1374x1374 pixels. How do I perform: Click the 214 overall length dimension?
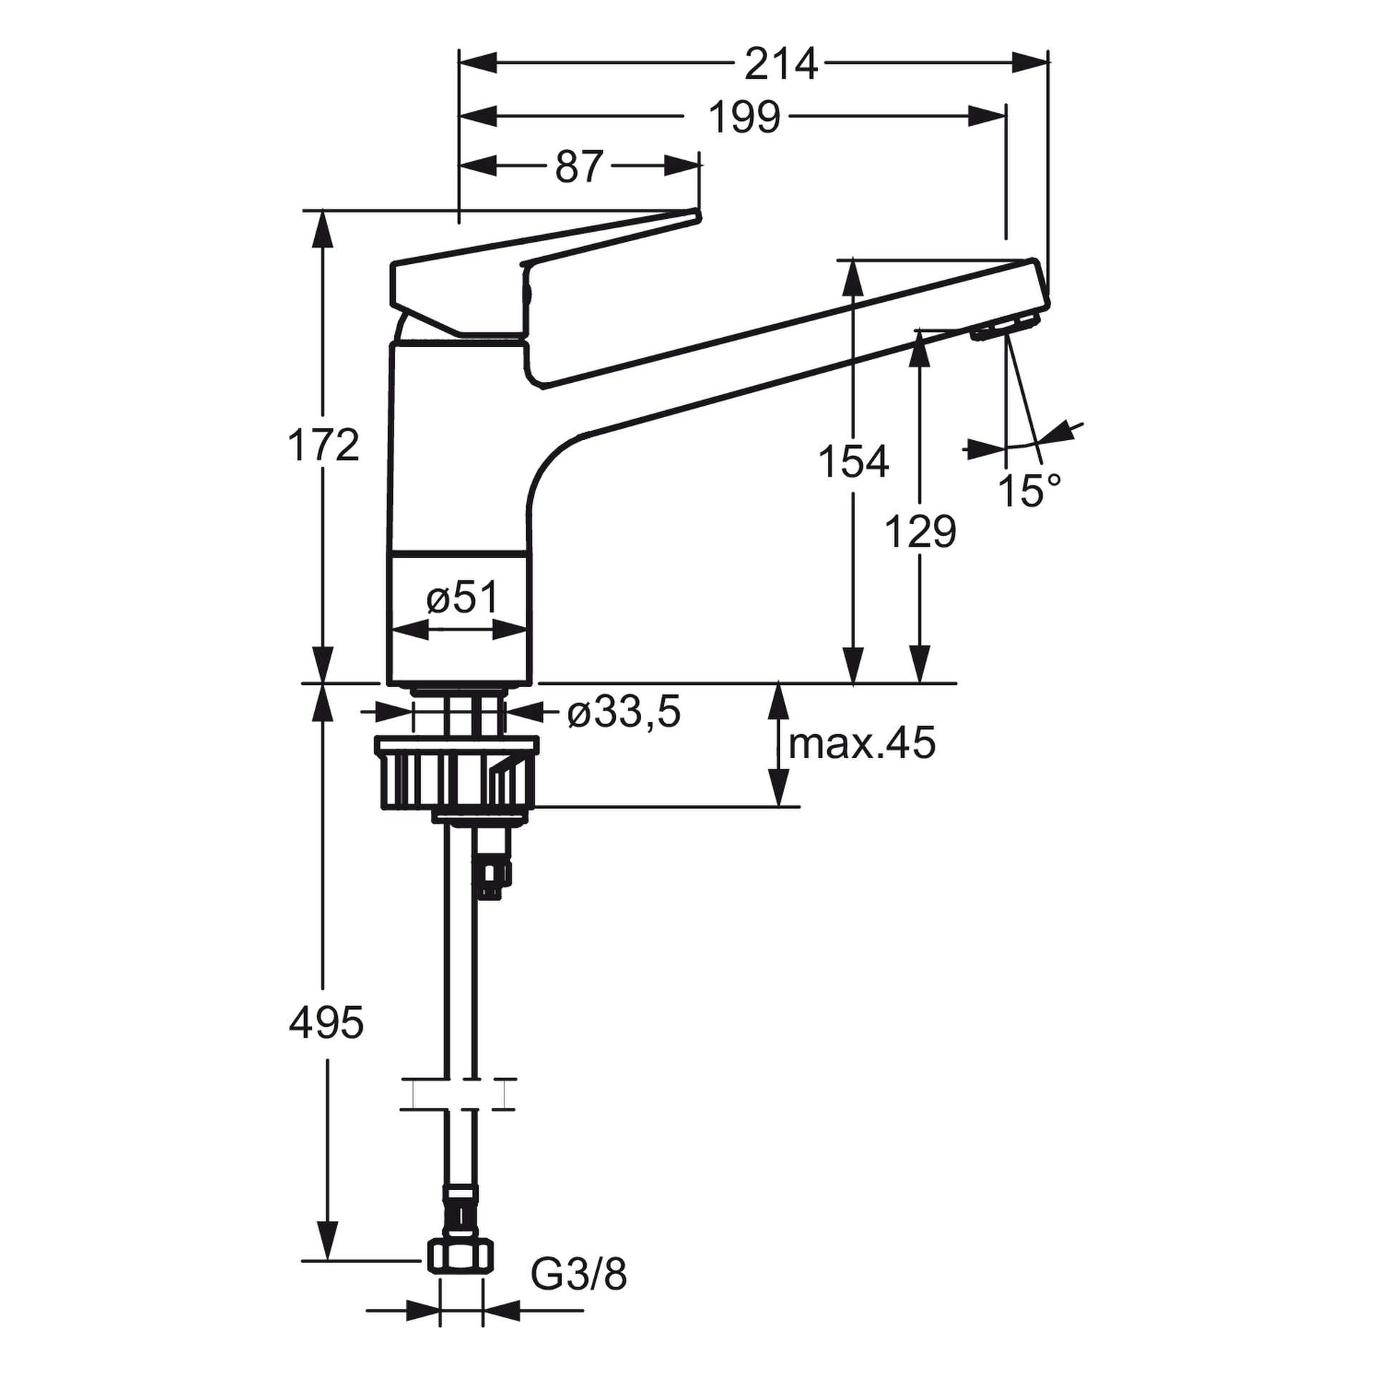click(x=781, y=64)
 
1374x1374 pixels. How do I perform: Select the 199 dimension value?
click(x=744, y=117)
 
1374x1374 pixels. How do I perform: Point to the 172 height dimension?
click(x=323, y=445)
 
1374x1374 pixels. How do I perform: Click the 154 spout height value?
click(x=853, y=462)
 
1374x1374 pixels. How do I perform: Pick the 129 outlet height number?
click(x=920, y=532)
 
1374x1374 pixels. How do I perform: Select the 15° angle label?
click(x=1029, y=491)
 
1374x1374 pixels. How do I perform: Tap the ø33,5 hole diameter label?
click(x=623, y=713)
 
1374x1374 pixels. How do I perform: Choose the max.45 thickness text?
click(x=862, y=744)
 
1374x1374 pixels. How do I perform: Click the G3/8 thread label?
click(x=578, y=1275)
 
